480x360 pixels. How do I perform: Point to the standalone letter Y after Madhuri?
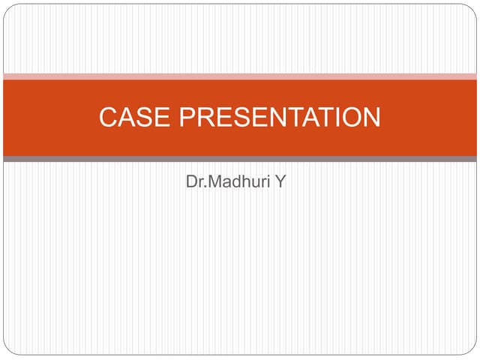click(280, 181)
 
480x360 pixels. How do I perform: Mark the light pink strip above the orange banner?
click(240, 76)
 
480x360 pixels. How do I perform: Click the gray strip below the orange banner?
click(240, 159)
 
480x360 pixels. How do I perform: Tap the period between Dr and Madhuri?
click(204, 186)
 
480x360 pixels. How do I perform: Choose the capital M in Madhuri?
click(213, 181)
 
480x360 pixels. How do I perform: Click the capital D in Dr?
click(191, 181)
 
